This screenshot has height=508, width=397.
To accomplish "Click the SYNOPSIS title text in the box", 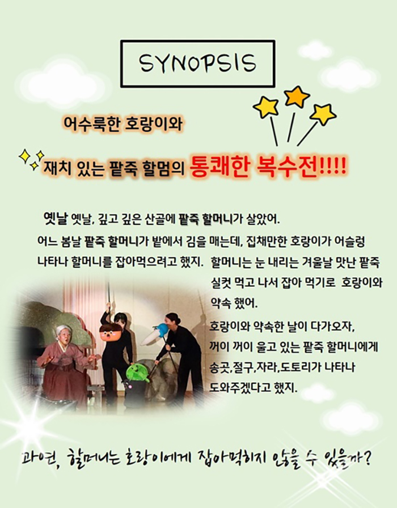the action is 197,63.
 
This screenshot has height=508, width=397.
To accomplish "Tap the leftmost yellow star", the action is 266,107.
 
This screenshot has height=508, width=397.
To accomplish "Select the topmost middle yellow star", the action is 297,96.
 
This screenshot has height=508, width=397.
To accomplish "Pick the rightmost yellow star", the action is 323,115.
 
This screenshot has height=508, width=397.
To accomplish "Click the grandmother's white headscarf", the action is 64,331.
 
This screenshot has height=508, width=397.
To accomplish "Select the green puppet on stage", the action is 137,373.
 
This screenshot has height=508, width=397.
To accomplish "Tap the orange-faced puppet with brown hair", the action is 111,332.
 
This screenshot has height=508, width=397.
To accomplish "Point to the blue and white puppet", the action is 155,335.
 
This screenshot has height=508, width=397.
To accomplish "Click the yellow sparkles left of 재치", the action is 31,159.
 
